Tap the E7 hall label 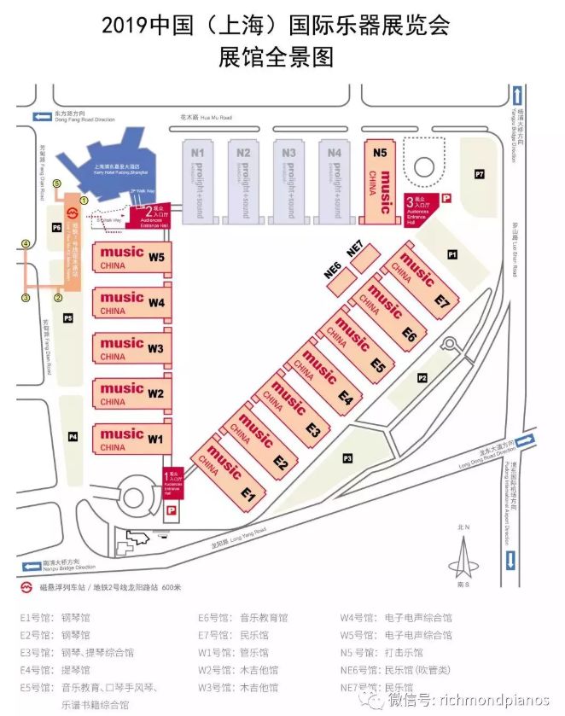(441, 302)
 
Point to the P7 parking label (480, 175)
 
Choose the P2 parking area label (422, 377)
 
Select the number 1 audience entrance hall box (173, 483)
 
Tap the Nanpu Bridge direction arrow (30, 564)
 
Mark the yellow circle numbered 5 (57, 183)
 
